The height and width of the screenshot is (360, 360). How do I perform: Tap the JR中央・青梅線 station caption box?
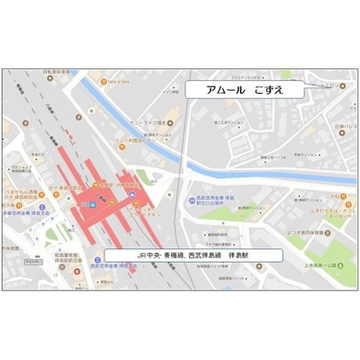(x=193, y=255)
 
